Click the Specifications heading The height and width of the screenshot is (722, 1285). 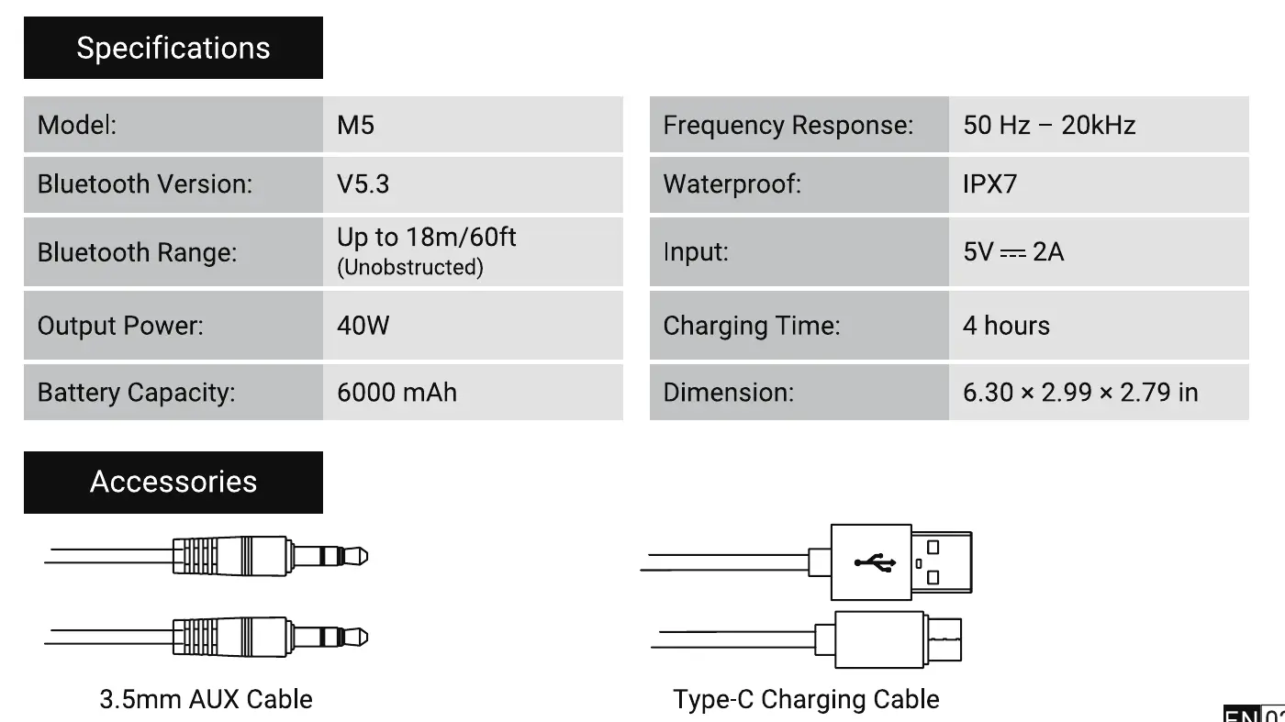[173, 48]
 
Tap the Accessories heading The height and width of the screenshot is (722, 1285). [173, 482]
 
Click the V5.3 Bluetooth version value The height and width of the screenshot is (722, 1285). [363, 184]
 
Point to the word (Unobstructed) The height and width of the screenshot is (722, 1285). [409, 268]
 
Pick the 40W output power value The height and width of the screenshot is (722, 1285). [363, 326]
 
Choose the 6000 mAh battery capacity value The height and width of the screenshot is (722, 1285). [397, 393]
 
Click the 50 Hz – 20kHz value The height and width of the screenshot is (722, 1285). [1049, 125]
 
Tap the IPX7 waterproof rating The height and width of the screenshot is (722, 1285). [989, 184]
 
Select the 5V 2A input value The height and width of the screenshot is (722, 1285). [1013, 251]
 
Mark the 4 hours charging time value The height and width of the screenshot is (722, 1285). [1006, 326]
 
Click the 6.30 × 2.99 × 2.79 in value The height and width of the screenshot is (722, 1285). [1080, 393]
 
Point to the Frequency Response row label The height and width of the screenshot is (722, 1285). [788, 125]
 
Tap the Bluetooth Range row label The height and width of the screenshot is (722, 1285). [137, 251]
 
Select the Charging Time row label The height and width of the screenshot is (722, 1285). [751, 326]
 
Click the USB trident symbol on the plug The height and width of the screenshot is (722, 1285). [873, 561]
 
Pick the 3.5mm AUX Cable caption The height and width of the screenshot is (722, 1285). [206, 699]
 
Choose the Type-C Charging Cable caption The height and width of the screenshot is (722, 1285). [806, 699]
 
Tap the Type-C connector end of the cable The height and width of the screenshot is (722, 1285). [943, 639]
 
